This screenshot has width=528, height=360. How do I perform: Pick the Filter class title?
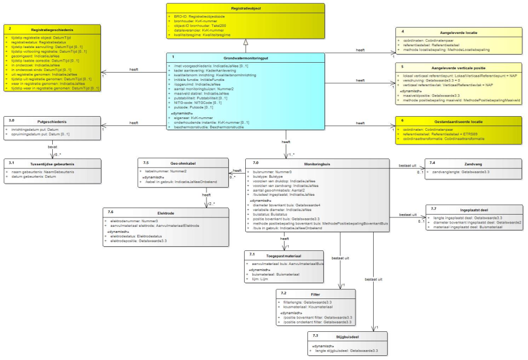click(314, 293)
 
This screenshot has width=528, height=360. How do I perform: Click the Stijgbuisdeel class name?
click(348, 336)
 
